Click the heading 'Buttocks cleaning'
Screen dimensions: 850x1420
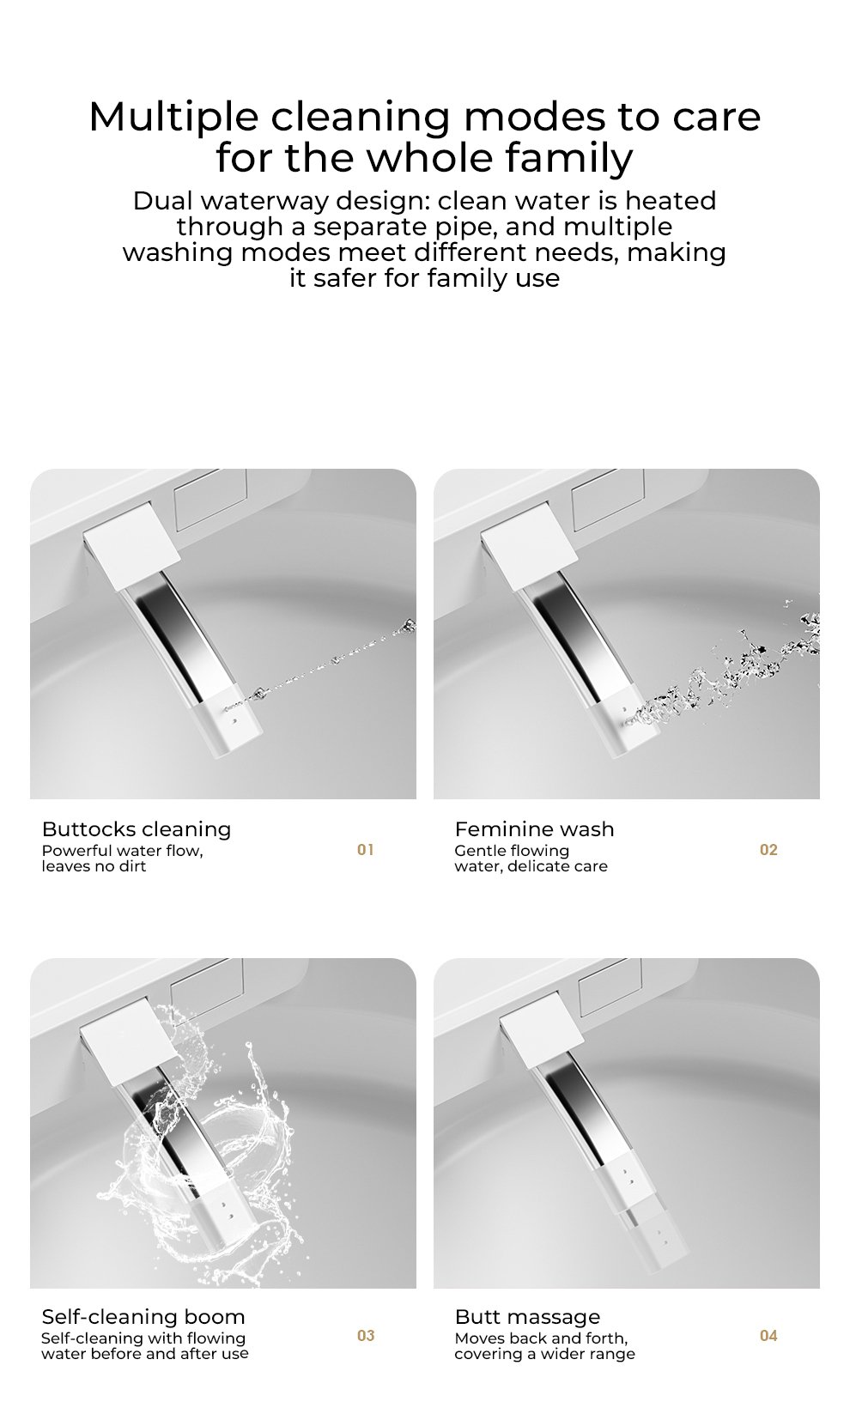pyautogui.click(x=137, y=829)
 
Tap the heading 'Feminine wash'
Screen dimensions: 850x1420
pyautogui.click(x=534, y=829)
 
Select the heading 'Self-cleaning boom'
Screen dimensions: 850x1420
pyautogui.click(x=143, y=1317)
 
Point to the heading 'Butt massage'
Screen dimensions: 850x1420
pyautogui.click(x=527, y=1317)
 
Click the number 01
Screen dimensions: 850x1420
pyautogui.click(x=366, y=849)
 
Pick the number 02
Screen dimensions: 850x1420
pyautogui.click(x=769, y=849)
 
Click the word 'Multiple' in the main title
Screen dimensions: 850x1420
pyautogui.click(x=173, y=118)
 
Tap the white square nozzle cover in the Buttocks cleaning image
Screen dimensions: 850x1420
pyautogui.click(x=132, y=543)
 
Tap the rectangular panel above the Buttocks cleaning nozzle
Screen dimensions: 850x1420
pyautogui.click(x=210, y=501)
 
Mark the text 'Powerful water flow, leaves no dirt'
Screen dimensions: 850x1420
pyautogui.click(x=122, y=859)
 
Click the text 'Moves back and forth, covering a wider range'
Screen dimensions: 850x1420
pyautogui.click(x=544, y=1346)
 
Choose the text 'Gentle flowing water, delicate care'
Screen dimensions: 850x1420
pyautogui.click(x=531, y=859)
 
